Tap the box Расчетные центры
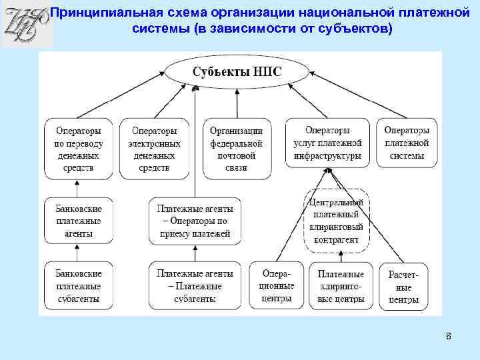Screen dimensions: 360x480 404,287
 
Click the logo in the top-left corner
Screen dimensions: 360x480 25,25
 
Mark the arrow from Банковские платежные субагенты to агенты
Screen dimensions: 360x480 78,253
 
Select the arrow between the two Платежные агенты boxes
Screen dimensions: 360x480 194,253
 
